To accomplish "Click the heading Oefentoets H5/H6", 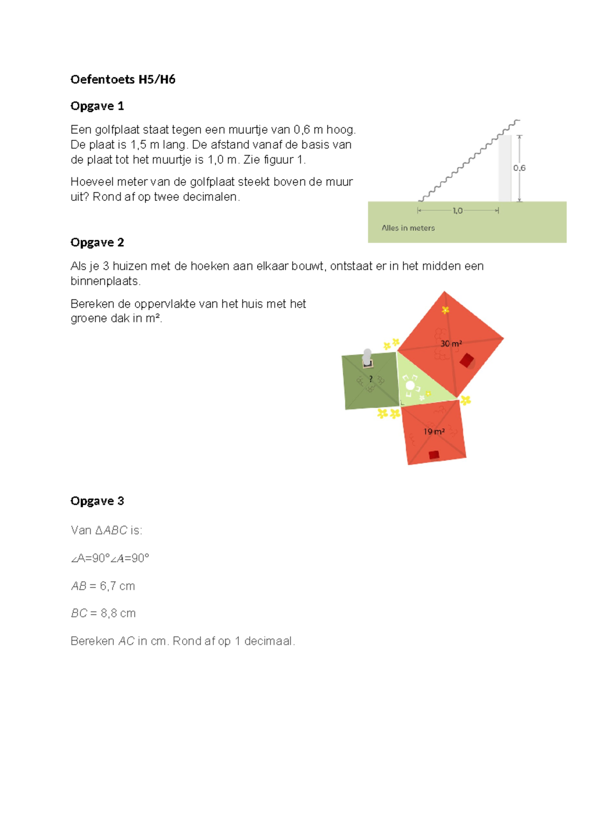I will [x=123, y=80].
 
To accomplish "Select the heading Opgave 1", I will [x=97, y=106].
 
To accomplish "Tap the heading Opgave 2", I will [x=97, y=243].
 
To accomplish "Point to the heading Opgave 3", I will [x=97, y=501].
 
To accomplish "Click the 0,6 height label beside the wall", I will [x=519, y=168].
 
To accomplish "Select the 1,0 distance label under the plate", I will [x=458, y=211].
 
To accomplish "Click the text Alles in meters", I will [x=408, y=228].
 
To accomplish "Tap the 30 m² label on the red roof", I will [x=451, y=344].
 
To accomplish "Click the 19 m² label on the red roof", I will [x=434, y=431].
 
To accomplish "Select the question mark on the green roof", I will [x=371, y=379].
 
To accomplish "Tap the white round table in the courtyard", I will [x=410, y=385].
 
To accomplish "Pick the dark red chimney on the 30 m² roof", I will [x=467, y=360].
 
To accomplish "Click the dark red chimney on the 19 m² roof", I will [x=434, y=455].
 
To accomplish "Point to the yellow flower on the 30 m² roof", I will [x=445, y=310].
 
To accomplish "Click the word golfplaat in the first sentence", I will [x=117, y=130].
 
